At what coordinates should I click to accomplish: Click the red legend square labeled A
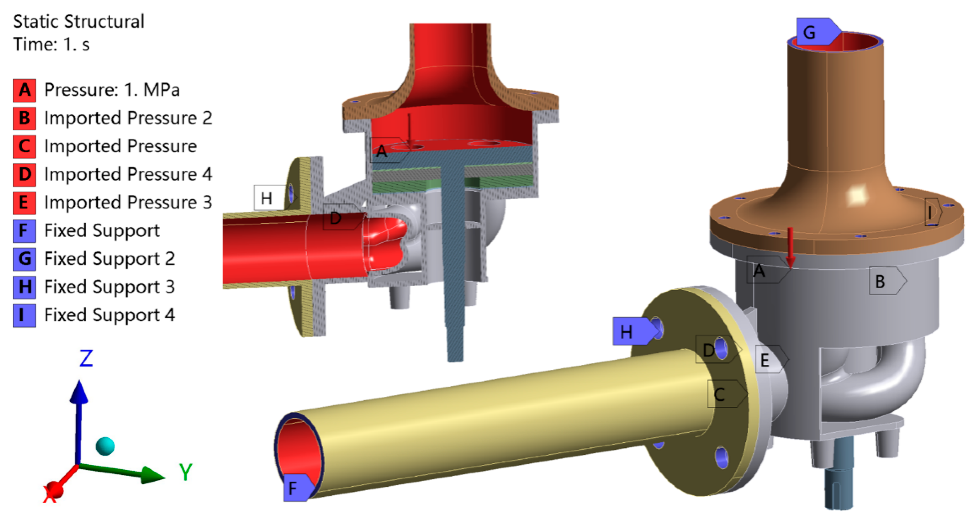[25, 90]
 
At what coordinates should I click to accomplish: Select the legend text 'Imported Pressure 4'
[128, 174]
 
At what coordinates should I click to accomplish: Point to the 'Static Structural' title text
[79, 22]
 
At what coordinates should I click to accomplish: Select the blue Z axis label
[86, 358]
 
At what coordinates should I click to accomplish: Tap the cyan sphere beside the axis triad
[105, 446]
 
